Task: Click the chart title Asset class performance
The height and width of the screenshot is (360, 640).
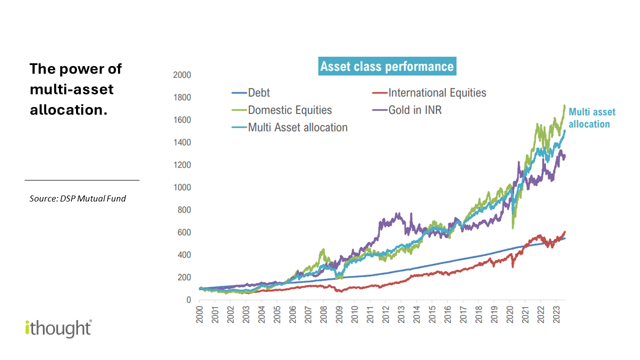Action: (x=387, y=67)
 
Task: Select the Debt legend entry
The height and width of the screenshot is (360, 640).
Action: (x=259, y=93)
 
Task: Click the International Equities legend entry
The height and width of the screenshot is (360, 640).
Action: (x=436, y=93)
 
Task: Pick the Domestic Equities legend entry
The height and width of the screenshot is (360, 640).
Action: (x=289, y=110)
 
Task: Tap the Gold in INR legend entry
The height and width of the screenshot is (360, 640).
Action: (x=414, y=110)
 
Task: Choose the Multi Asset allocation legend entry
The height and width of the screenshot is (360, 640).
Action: (x=297, y=127)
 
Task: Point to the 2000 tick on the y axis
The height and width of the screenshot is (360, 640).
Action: (x=182, y=75)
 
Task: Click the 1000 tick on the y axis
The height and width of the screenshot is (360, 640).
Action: (x=182, y=187)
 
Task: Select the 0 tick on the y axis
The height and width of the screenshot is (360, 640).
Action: (x=188, y=300)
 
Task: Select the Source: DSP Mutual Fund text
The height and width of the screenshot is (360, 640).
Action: (x=77, y=198)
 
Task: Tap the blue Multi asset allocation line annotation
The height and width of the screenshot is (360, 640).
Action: (x=592, y=118)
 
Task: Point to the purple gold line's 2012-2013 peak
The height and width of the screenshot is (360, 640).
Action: (x=398, y=214)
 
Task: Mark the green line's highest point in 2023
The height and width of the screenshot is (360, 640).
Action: (x=564, y=105)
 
